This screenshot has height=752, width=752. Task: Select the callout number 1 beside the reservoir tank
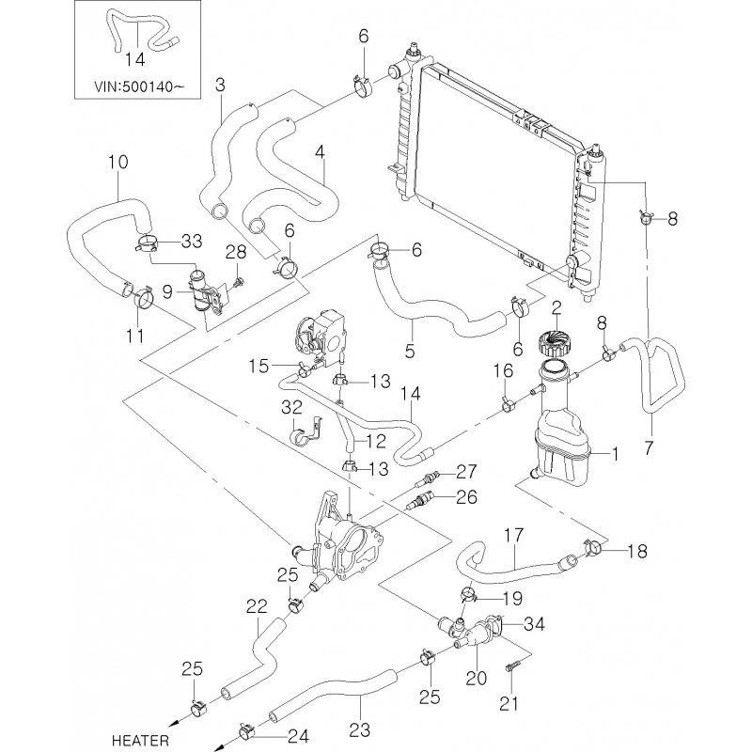615,455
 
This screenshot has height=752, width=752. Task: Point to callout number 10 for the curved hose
117,162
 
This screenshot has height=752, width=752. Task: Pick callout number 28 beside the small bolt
234,253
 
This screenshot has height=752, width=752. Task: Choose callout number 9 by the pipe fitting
166,292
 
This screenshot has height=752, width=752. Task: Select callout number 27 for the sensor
468,471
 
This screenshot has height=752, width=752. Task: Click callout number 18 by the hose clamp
636,551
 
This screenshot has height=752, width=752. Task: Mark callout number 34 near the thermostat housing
534,622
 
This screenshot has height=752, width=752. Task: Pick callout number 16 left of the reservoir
505,372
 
